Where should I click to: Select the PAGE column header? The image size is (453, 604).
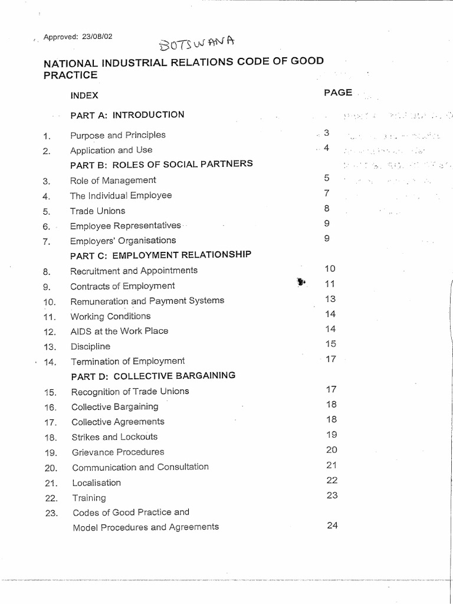coord(338,93)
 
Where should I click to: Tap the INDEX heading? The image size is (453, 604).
coord(84,95)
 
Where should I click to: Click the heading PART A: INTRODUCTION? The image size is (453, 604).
coord(127,115)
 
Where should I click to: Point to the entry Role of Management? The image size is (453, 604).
coord(113,180)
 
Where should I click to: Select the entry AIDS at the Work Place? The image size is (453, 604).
coord(119,331)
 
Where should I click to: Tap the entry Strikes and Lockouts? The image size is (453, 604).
coord(114,437)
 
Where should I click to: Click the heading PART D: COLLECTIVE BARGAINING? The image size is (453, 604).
coord(153,376)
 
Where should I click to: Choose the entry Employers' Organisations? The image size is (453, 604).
coord(123,241)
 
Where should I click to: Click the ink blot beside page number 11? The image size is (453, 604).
coord(301,283)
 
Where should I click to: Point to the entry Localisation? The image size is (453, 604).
coord(96,482)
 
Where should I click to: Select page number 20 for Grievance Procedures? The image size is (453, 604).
coord(331,450)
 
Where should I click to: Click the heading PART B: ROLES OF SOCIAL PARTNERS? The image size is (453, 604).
coord(161,164)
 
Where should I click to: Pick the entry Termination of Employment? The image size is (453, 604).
coord(127,361)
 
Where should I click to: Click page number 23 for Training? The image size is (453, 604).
coord(331,495)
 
